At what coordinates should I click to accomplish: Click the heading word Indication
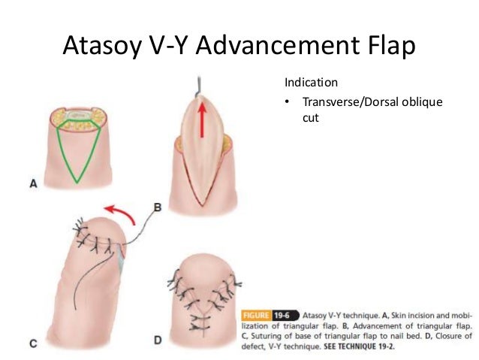[309, 81]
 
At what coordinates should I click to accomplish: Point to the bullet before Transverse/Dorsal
[288, 103]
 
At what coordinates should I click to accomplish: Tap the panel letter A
[34, 182]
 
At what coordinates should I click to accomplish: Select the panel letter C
[34, 343]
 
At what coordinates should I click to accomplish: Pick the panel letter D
[158, 340]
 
